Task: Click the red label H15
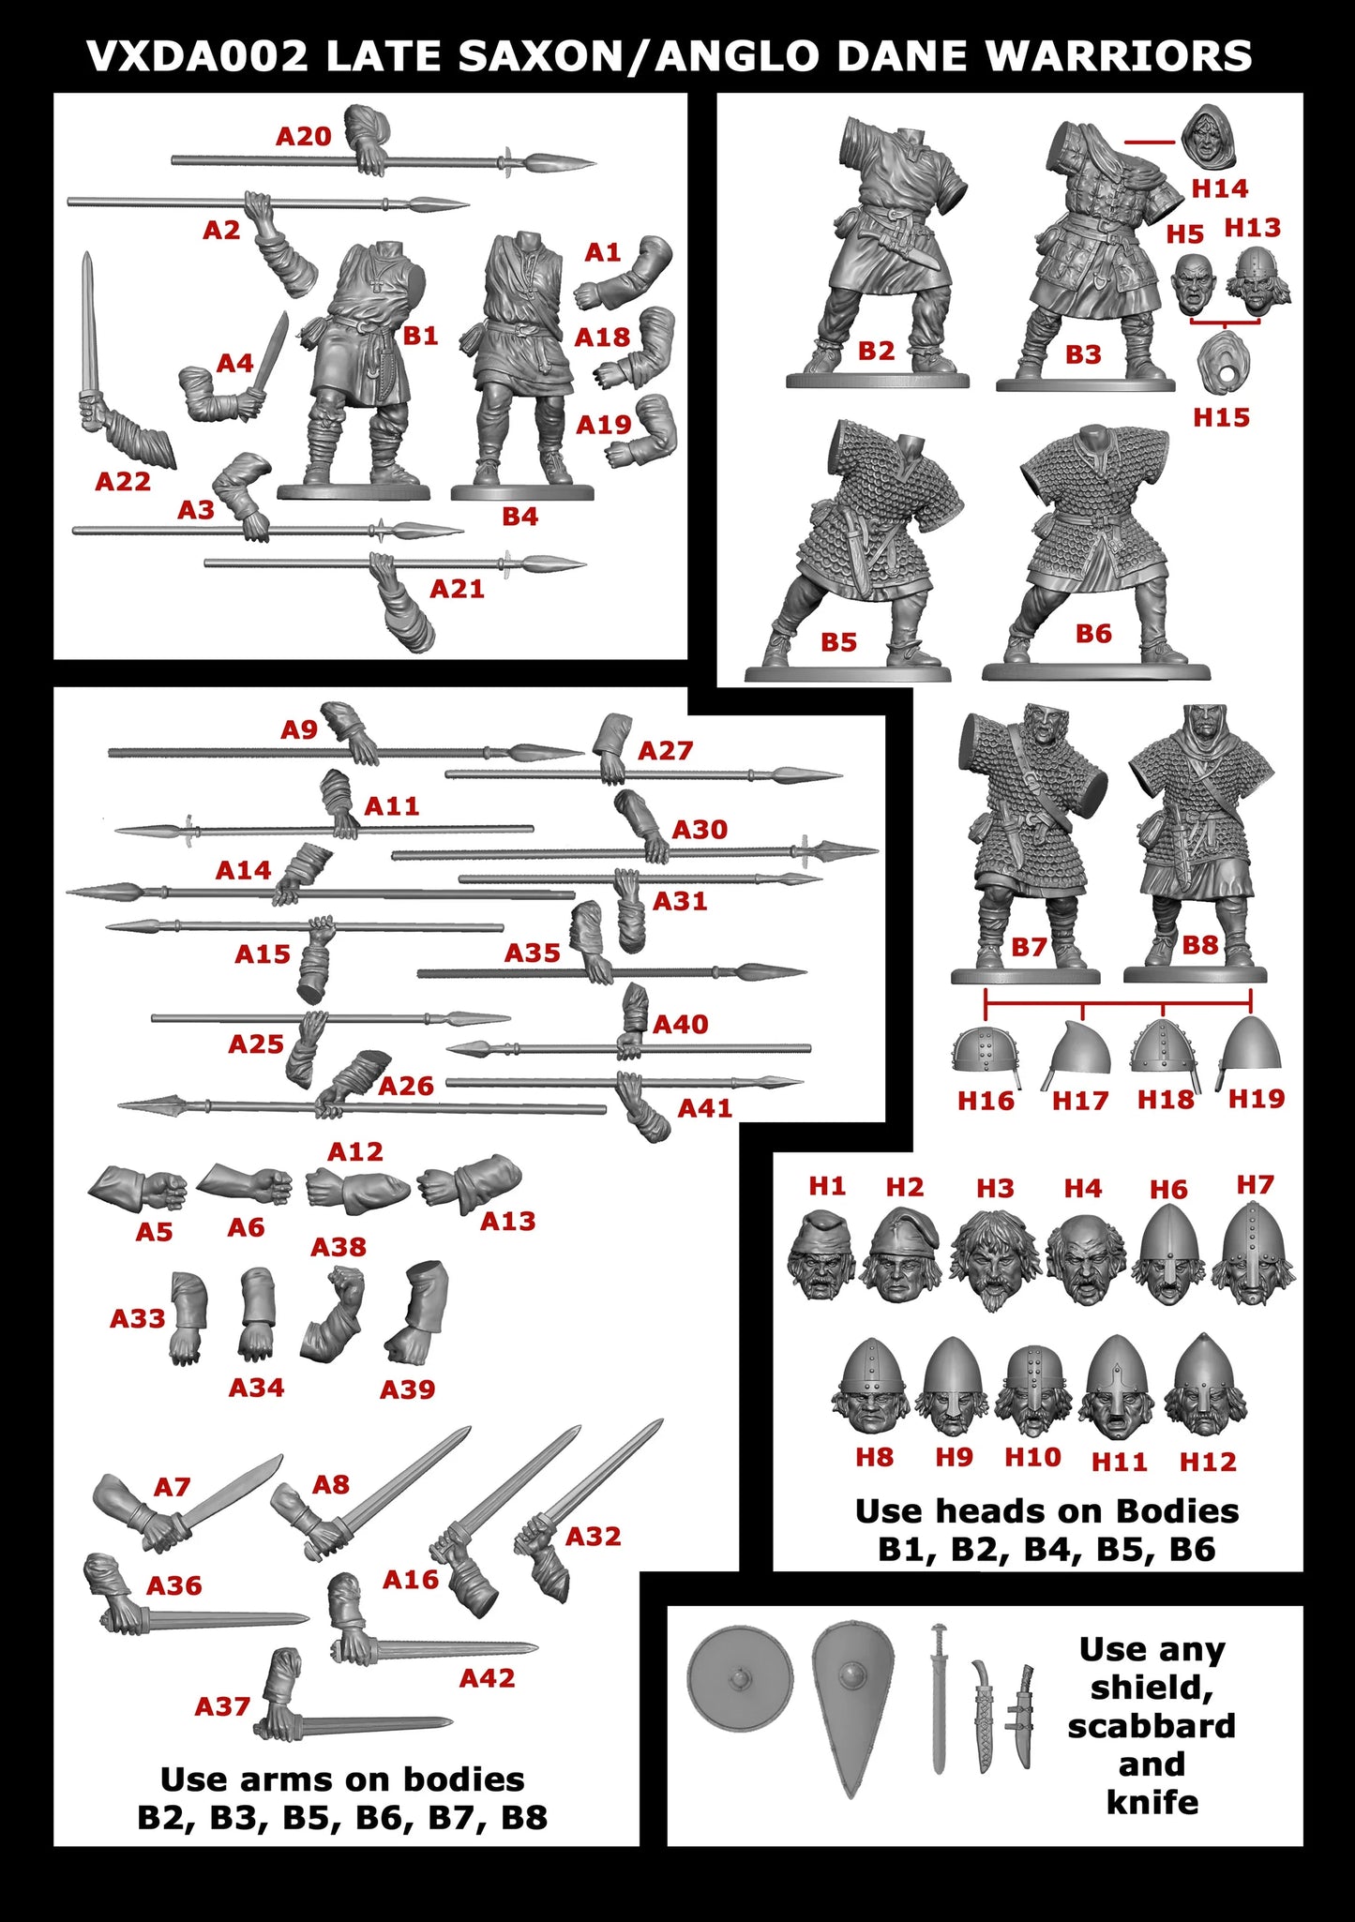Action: pyautogui.click(x=1221, y=417)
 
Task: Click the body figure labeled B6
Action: pyautogui.click(x=1095, y=544)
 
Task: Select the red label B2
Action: pyautogui.click(x=876, y=351)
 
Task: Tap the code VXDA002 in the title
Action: pyautogui.click(x=197, y=56)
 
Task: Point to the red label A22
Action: pyautogui.click(x=123, y=482)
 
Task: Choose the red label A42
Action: pyautogui.click(x=487, y=1677)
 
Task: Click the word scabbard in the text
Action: pyautogui.click(x=1151, y=1725)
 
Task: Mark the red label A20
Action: pyautogui.click(x=303, y=137)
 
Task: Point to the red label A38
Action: pyautogui.click(x=338, y=1247)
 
